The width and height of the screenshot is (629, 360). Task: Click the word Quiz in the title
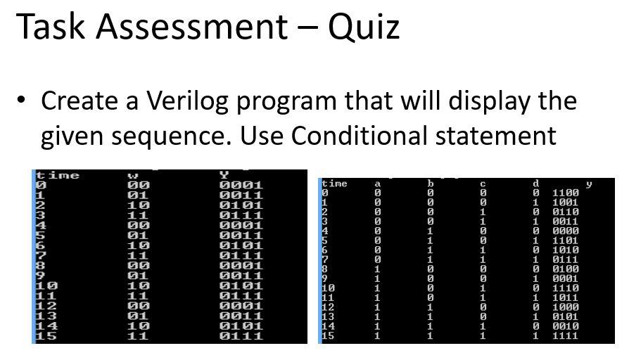[364, 27]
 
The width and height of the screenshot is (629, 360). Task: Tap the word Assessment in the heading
[192, 27]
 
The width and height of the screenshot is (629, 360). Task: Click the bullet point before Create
[21, 99]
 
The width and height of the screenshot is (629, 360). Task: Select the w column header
[133, 176]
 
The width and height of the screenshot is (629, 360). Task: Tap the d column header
[535, 184]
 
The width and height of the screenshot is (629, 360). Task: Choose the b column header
[431, 184]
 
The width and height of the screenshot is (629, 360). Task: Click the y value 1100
[565, 193]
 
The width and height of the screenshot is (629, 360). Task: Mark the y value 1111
[565, 335]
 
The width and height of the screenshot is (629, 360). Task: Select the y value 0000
[565, 231]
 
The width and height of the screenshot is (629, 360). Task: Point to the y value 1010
[565, 250]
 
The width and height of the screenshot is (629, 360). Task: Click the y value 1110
[565, 288]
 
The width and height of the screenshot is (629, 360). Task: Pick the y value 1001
[565, 202]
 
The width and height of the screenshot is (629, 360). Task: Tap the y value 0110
[565, 212]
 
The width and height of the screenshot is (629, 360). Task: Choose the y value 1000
[565, 307]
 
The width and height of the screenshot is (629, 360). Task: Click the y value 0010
[565, 326]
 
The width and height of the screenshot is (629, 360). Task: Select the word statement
[496, 136]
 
